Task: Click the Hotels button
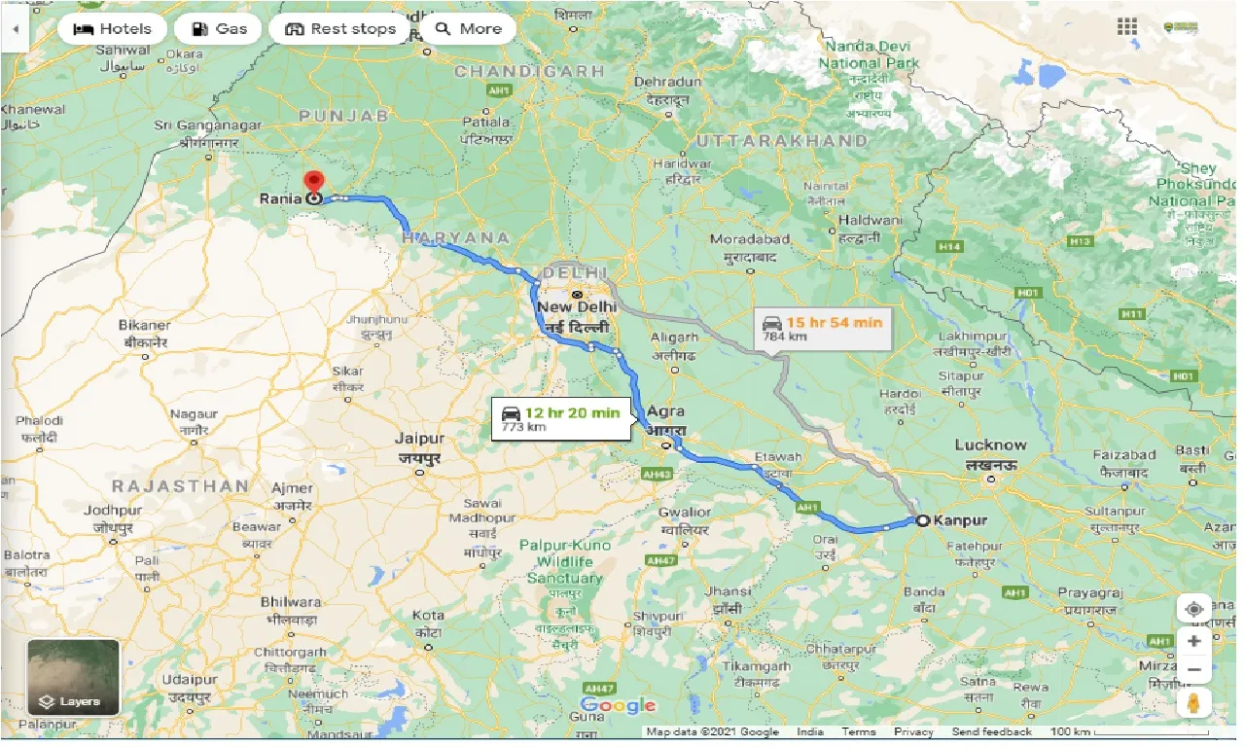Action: [x=113, y=28]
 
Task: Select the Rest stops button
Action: [x=340, y=28]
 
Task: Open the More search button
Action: [x=469, y=28]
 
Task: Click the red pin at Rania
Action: [x=313, y=182]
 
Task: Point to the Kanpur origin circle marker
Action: [x=922, y=520]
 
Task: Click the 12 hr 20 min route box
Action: [x=561, y=418]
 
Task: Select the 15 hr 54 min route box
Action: [x=823, y=329]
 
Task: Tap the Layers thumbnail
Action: [x=74, y=677]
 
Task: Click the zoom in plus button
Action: [x=1193, y=641]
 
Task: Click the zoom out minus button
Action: [x=1193, y=670]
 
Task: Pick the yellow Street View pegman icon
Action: [x=1193, y=703]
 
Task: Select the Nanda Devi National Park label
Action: [x=869, y=54]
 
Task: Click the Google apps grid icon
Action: [x=1127, y=27]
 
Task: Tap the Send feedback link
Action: [x=991, y=731]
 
